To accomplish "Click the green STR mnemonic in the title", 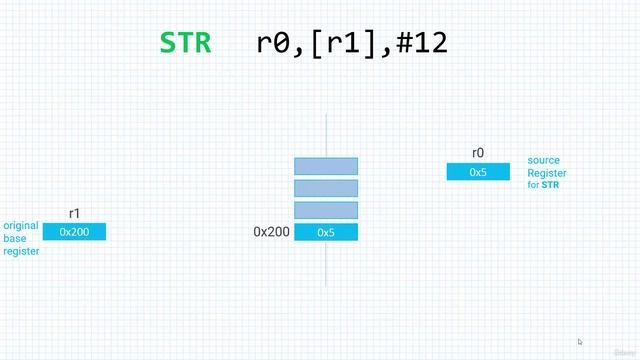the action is [x=185, y=43].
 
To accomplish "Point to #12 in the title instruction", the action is [x=421, y=43].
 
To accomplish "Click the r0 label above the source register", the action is [x=478, y=153].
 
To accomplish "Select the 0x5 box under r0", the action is [x=478, y=172].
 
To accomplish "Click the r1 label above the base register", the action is [x=75, y=213].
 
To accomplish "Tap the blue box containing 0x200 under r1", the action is [x=75, y=232].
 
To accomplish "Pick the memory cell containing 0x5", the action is [x=326, y=232].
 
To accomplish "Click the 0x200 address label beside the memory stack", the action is [x=271, y=232].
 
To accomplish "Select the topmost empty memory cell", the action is [x=326, y=166].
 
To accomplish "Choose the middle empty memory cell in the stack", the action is [x=326, y=188].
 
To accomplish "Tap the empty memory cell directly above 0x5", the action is [x=326, y=210].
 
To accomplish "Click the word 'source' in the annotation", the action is [x=544, y=160].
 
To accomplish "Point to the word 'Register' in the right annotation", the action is [x=547, y=173].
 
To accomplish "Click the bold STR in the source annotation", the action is [x=551, y=186].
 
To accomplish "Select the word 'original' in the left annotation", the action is [x=22, y=226].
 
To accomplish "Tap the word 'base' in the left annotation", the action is [x=15, y=239].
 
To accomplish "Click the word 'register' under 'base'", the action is [x=21, y=252].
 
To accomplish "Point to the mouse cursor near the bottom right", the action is [x=580, y=342].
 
